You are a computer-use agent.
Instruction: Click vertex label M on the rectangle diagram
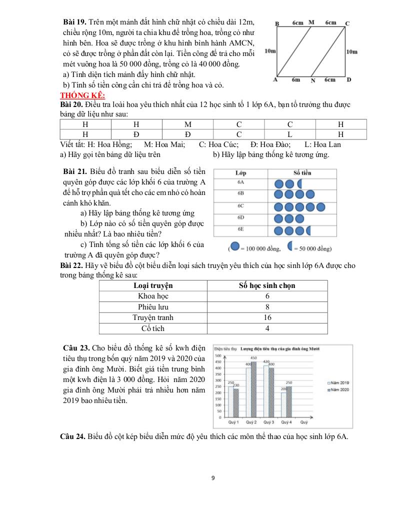tap(311, 22)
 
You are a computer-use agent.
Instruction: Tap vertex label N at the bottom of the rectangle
tap(313, 80)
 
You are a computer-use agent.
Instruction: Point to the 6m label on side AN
tap(295, 79)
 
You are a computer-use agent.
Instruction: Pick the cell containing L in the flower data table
tap(289, 134)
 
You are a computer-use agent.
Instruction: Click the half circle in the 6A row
tap(300, 183)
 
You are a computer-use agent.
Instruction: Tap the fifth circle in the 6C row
tap(320, 206)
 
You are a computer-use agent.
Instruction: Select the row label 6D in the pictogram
tap(240, 218)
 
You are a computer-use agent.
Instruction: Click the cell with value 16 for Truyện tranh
tap(267, 317)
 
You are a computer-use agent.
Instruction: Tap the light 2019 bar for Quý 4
tap(283, 404)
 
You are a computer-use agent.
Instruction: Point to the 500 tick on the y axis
tap(218, 356)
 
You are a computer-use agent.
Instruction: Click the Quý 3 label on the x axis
tap(268, 422)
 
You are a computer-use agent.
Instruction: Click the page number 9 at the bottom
tap(213, 478)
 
